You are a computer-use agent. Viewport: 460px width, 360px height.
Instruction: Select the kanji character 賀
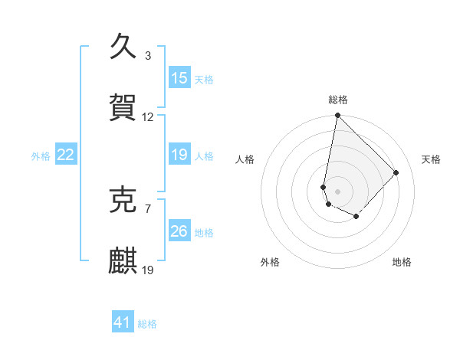pos(123,106)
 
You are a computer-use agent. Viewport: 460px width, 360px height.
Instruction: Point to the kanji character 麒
pos(123,260)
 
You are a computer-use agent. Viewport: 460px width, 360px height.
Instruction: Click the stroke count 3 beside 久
pos(148,56)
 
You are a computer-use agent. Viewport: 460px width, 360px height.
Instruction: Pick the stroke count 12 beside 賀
pos(148,117)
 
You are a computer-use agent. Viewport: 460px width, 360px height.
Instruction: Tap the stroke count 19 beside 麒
pos(148,270)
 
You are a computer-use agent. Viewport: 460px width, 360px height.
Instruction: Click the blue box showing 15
pos(179,78)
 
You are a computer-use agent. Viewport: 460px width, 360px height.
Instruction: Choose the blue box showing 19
pos(179,155)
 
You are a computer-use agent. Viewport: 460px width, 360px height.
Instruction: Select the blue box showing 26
pos(179,231)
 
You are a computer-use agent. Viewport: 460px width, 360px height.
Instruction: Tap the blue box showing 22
pos(65,155)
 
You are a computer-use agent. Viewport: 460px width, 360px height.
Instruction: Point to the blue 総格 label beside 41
pos(147,324)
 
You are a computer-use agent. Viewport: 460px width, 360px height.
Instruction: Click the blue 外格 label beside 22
pos(41,156)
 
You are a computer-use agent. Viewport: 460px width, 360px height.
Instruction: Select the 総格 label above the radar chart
pos(338,100)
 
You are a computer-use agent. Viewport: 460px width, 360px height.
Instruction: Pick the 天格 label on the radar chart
pos(432,159)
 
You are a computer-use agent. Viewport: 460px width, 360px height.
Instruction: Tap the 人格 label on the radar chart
pos(245,159)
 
